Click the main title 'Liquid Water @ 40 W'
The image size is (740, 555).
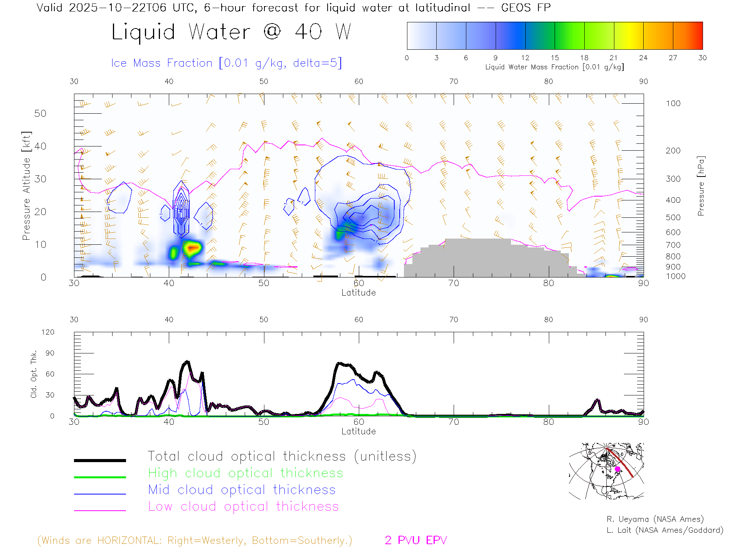(x=231, y=32)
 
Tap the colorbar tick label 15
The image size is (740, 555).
(x=555, y=58)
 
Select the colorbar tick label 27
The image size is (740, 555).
(x=673, y=58)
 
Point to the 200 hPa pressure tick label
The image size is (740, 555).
(x=673, y=151)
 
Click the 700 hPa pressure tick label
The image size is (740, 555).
(x=673, y=245)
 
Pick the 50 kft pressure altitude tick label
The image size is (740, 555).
(x=40, y=113)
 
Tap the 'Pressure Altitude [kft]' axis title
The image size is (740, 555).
(x=26, y=186)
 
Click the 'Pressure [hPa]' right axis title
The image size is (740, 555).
(x=701, y=186)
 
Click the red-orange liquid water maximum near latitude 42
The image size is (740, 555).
(x=192, y=247)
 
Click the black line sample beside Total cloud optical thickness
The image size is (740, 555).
(x=100, y=460)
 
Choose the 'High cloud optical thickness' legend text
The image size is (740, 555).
(x=246, y=473)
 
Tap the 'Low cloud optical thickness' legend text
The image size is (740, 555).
(x=243, y=506)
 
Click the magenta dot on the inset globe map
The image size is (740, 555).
(x=617, y=469)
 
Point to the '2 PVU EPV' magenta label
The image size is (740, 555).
(x=415, y=540)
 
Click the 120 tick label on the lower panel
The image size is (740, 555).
(x=48, y=332)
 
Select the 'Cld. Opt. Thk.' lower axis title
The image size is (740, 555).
(x=34, y=374)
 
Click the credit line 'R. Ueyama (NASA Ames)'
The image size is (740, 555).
(x=655, y=519)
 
